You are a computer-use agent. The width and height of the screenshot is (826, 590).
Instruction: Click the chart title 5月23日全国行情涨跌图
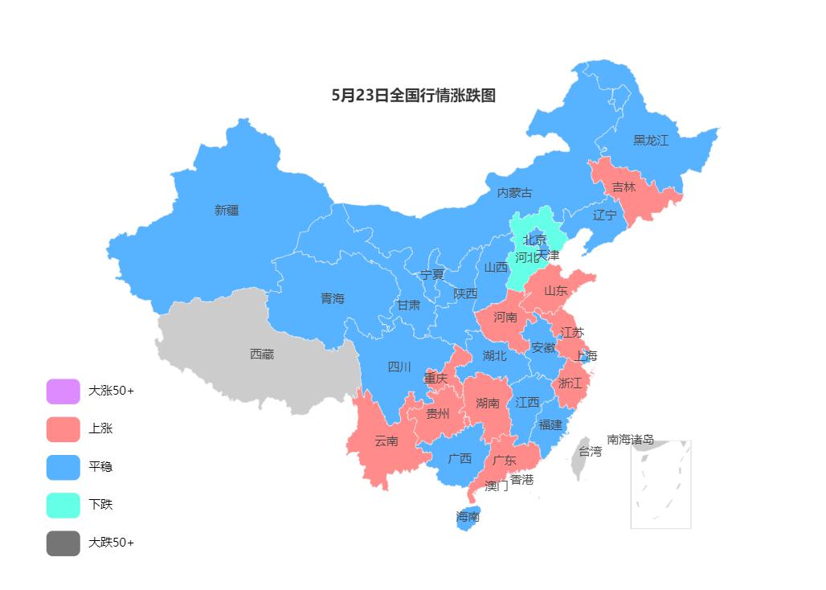click(413, 95)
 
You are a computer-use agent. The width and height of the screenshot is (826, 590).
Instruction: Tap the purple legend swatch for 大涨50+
click(63, 391)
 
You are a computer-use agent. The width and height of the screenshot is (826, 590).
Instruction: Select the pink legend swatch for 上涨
click(63, 429)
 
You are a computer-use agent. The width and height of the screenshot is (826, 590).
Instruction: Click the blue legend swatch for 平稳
click(63, 467)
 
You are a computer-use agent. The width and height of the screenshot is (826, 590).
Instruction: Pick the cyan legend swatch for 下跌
click(63, 505)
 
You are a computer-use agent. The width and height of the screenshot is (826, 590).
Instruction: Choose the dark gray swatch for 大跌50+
click(63, 543)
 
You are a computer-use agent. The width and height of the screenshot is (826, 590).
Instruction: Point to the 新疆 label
click(227, 210)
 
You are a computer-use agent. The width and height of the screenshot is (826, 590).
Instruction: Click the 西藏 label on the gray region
click(261, 354)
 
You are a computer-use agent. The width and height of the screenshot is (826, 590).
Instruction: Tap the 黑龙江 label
click(650, 140)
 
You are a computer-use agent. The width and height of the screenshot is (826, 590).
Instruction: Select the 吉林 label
click(624, 187)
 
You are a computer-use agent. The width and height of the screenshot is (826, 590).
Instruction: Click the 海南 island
click(468, 517)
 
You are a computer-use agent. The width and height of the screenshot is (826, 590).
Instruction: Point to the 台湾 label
click(590, 452)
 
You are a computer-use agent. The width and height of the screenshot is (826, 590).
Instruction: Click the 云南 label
click(386, 441)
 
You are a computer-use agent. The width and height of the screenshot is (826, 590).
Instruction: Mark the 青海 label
click(332, 298)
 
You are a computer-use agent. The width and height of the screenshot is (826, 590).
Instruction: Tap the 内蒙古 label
click(514, 193)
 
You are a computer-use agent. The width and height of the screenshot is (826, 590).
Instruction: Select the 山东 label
click(555, 291)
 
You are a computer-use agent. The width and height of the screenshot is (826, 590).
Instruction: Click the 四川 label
click(399, 367)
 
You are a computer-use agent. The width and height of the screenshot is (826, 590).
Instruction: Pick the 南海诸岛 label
click(630, 440)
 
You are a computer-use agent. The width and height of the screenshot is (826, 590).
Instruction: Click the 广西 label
click(460, 459)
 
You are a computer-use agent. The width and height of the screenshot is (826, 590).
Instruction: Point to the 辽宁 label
click(604, 215)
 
